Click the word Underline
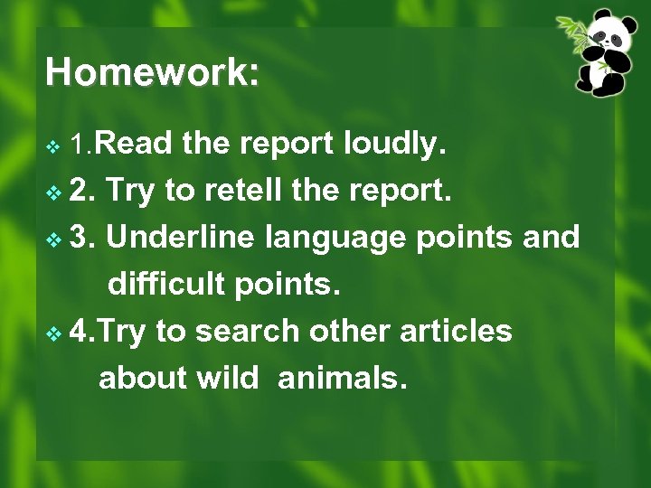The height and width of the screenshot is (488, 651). tap(182, 237)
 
